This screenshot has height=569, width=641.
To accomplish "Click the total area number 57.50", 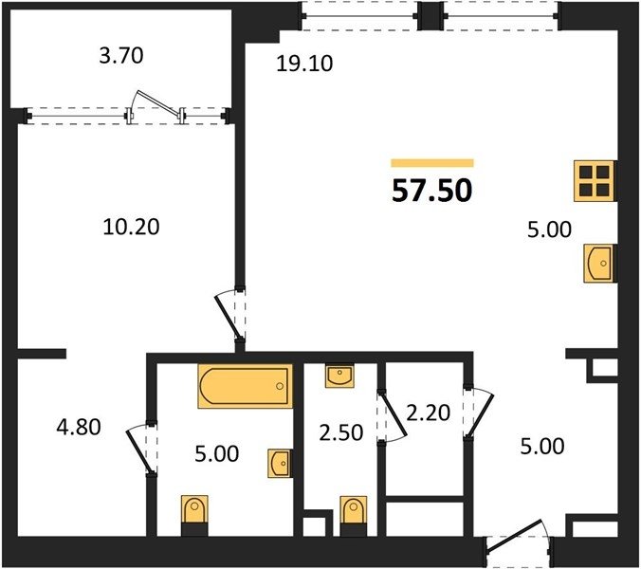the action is point(432,191).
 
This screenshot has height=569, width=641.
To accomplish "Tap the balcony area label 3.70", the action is point(121,56).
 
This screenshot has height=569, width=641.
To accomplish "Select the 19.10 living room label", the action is point(304,64).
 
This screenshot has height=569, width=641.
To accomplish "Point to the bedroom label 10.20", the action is point(131,227).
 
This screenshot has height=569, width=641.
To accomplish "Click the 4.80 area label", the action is point(79,428).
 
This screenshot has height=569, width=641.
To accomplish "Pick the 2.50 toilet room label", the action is point(341,432).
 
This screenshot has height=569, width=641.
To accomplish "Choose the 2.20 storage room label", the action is point(428,413).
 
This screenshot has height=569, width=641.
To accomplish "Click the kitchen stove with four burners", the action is point(595,181).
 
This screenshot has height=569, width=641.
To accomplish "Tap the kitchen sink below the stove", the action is point(599,264).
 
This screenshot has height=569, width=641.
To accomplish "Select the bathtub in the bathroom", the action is point(246,386).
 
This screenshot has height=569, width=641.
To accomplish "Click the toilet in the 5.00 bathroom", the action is point(194,515).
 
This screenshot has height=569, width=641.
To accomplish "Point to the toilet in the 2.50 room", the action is point(354,516).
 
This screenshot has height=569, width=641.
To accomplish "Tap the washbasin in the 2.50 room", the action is point(339,376).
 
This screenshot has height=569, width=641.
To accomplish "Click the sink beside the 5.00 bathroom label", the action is point(281,463).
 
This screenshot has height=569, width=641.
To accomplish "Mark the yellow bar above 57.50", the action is point(432,163).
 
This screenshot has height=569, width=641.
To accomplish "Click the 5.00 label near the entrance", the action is point(542,447).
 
